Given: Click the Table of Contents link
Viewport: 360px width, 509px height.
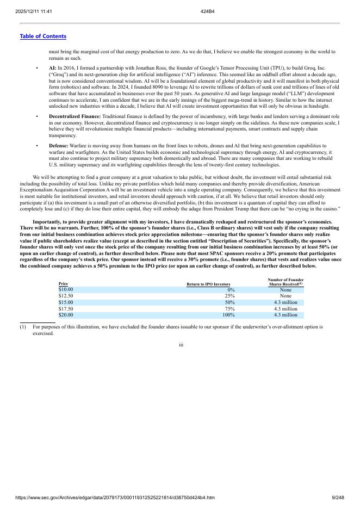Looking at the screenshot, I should (43, 36).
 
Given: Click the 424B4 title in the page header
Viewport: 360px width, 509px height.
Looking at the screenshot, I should (207, 11).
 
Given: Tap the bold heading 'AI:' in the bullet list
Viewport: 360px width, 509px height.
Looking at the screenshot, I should (53, 69).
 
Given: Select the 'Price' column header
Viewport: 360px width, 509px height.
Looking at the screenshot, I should (63, 284).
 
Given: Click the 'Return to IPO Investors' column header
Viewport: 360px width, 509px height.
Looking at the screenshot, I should (208, 284).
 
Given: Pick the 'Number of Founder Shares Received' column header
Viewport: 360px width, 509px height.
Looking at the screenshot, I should (285, 282).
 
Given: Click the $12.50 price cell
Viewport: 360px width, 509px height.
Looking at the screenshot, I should (66, 296).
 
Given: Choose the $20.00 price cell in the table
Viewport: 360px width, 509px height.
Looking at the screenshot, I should (66, 315).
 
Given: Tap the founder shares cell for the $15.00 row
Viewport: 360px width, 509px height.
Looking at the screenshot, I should (285, 302).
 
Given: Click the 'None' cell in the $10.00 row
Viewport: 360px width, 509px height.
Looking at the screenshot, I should (285, 290).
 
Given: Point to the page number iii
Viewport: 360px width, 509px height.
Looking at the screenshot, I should (181, 344).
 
